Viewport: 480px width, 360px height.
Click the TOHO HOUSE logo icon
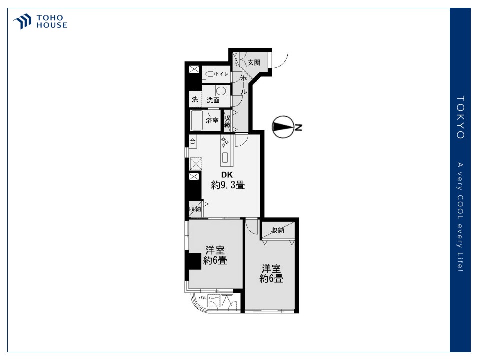coord(22,21)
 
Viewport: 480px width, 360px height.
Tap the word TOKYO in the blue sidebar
coord(460,117)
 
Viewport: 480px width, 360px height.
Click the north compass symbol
coord(282,127)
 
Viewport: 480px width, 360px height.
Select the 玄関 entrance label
coord(254,63)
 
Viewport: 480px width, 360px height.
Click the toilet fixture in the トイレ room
coord(209,74)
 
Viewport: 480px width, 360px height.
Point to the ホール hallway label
coord(244,85)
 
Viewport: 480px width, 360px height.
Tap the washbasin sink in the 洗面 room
coord(221,91)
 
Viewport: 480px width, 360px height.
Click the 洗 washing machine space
coord(195,100)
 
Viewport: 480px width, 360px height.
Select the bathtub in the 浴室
coord(197,120)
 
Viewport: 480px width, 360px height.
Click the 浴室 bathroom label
coord(212,120)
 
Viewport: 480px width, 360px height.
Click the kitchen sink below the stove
coord(225,157)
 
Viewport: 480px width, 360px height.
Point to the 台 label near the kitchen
coord(193,141)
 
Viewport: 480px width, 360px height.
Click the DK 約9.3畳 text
coord(228,180)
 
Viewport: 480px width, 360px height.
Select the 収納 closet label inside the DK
coord(195,209)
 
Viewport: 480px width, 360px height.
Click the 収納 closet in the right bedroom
coord(277,230)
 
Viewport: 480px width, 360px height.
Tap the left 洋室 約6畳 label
coord(215,255)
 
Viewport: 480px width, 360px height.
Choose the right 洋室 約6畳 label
coord(271,273)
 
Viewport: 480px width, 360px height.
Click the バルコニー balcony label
coord(209,298)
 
